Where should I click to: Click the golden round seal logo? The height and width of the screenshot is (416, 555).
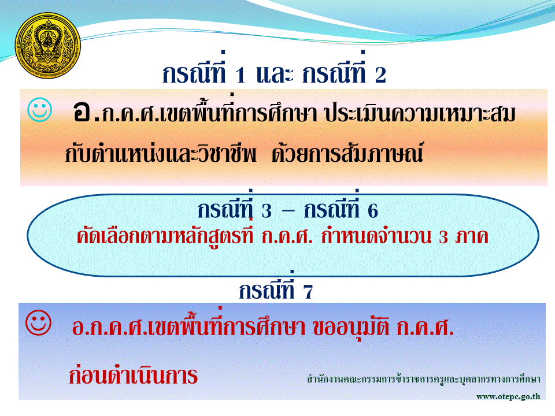[48, 45]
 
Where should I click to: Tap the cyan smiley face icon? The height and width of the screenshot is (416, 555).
[40, 110]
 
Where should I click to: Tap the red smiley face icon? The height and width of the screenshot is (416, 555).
[39, 322]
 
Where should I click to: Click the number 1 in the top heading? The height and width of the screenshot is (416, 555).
[240, 75]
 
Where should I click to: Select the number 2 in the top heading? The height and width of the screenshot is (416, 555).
[380, 75]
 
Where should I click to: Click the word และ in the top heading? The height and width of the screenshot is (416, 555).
[275, 75]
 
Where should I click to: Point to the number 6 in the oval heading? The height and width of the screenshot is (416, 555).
[373, 211]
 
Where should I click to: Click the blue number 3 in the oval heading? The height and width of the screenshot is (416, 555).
[267, 211]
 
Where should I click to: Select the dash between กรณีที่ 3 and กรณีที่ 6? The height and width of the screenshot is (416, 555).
[288, 211]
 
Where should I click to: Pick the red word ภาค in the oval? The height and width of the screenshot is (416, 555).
[472, 236]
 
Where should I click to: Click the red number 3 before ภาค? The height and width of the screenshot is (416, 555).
[443, 237]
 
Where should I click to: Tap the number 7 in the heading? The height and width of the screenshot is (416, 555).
[308, 292]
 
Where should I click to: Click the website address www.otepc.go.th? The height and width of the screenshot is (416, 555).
[508, 396]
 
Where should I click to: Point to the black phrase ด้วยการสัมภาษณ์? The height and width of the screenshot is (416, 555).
[347, 154]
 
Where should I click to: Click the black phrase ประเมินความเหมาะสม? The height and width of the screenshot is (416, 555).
[420, 114]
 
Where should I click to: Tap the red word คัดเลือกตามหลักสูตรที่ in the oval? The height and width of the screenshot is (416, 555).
[165, 236]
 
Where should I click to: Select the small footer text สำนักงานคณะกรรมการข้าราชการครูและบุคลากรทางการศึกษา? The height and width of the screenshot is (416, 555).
[424, 379]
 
